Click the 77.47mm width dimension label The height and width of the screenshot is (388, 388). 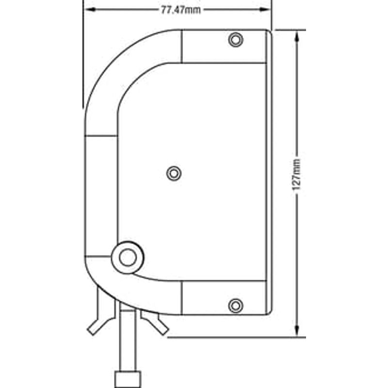[181, 10]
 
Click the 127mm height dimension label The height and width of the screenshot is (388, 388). [296, 175]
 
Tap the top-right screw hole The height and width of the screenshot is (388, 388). [236, 40]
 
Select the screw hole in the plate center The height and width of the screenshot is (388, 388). [174, 174]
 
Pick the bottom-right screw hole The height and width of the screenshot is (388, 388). [236, 306]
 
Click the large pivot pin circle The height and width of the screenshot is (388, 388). [128, 258]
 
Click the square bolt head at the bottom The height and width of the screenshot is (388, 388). [128, 379]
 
